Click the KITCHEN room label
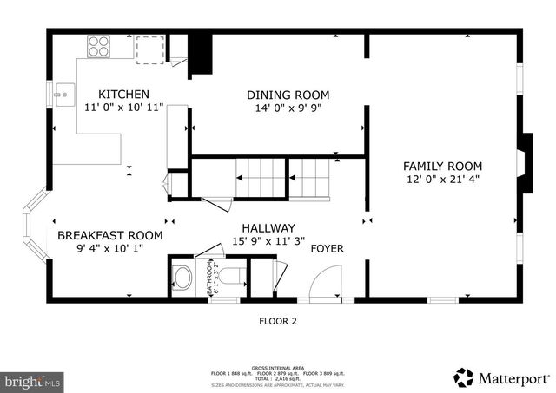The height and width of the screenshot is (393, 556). point(122,95)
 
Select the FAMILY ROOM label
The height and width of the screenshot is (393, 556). point(442,166)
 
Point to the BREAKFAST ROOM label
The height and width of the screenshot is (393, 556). point(109,235)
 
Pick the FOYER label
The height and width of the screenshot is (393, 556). point(327,249)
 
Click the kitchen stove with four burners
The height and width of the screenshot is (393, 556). point(96,45)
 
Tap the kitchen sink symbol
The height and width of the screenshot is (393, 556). point(63,94)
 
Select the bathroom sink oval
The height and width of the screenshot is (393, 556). point(183,278)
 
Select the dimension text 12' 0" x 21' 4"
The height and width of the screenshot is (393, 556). point(442,180)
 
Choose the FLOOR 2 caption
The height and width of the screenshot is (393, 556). point(278,321)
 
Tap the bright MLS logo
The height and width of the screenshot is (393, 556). point(33,380)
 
